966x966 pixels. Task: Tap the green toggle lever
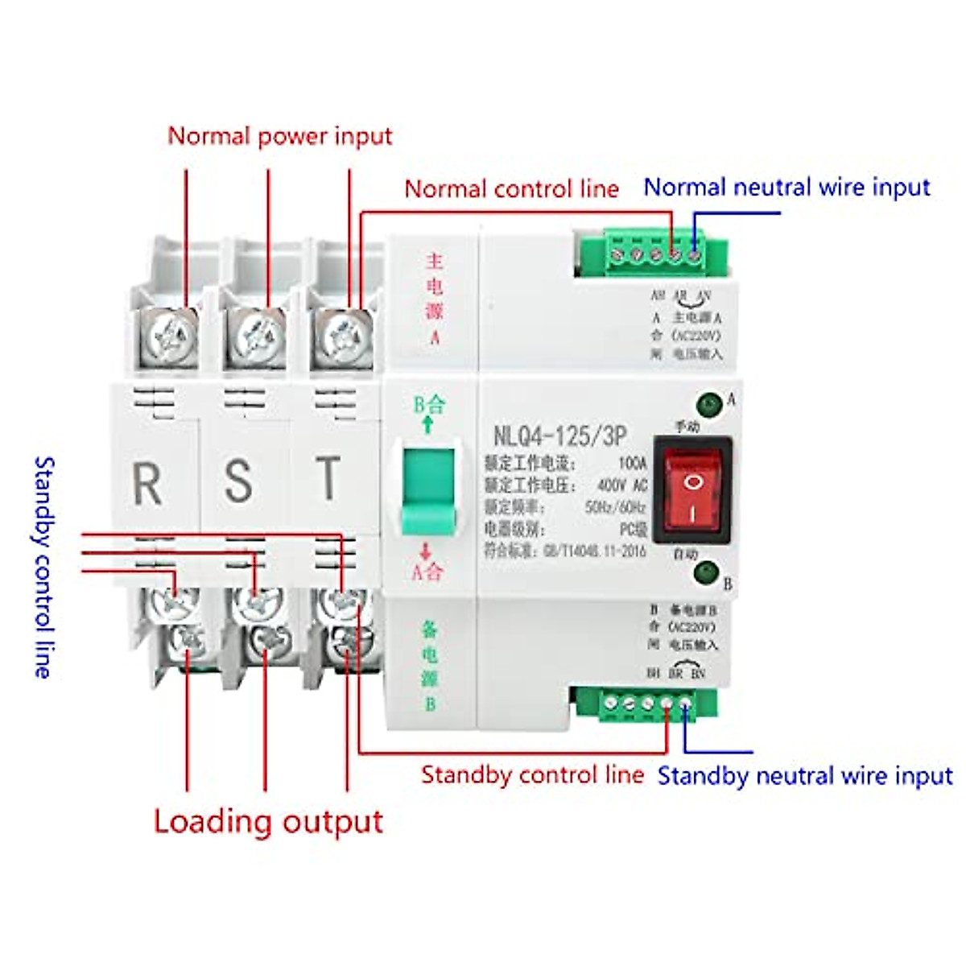(428, 488)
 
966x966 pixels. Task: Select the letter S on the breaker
(238, 480)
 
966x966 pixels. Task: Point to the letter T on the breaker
(328, 477)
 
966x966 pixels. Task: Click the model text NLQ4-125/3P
(559, 436)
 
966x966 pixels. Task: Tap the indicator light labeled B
(707, 572)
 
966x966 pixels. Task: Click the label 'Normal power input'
(279, 136)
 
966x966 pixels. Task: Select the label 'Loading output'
(268, 822)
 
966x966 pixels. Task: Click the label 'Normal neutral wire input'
(786, 188)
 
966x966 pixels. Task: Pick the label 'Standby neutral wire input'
(805, 776)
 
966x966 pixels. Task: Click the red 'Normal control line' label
(511, 189)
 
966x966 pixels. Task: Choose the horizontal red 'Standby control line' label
(532, 775)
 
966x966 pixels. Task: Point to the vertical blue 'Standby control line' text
(43, 567)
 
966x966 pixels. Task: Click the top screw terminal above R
(172, 334)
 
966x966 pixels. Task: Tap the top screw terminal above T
(344, 332)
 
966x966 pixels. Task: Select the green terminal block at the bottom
(644, 704)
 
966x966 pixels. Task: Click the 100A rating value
(632, 464)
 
